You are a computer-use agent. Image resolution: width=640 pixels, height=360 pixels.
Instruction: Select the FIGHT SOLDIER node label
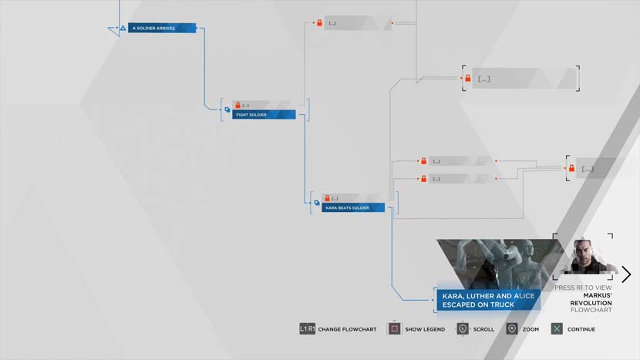(x=263, y=115)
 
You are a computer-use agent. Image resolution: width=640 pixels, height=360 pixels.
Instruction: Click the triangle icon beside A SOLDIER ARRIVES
(x=120, y=29)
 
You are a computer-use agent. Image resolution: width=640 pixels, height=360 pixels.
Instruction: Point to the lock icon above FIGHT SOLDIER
(x=237, y=105)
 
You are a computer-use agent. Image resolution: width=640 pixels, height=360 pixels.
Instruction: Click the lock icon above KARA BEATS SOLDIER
(x=327, y=198)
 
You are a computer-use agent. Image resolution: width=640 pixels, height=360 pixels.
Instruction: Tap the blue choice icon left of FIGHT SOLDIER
(x=227, y=110)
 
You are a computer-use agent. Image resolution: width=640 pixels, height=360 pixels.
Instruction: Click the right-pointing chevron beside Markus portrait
(x=626, y=274)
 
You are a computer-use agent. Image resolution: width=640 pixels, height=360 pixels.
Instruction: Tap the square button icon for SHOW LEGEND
(x=394, y=329)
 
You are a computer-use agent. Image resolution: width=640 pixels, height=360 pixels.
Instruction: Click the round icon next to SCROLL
(x=463, y=329)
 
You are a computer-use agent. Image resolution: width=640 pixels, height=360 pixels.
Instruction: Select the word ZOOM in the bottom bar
(x=531, y=329)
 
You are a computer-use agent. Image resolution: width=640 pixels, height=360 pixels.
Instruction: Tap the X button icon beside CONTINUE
(x=557, y=329)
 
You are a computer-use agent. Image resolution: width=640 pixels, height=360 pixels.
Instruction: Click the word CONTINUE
(x=581, y=329)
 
